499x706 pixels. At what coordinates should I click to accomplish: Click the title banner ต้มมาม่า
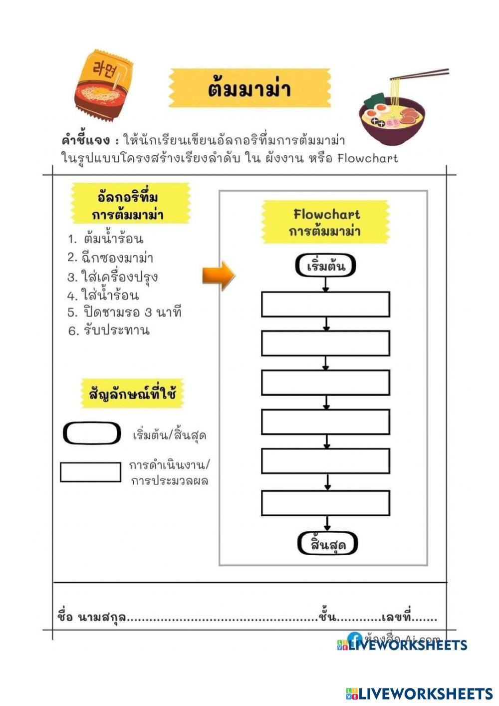(x=249, y=88)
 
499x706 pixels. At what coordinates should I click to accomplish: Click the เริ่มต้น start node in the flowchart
(x=325, y=266)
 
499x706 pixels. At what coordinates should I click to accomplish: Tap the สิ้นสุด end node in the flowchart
(x=328, y=544)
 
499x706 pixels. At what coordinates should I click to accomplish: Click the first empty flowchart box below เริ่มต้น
(x=325, y=305)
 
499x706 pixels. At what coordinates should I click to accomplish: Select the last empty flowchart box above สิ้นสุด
(x=325, y=503)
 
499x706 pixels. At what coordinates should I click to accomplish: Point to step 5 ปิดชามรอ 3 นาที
(x=124, y=313)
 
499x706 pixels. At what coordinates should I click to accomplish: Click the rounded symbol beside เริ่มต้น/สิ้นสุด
(x=92, y=433)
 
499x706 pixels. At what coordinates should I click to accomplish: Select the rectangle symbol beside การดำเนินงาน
(x=90, y=472)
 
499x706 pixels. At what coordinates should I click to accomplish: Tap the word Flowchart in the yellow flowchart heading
(x=326, y=215)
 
